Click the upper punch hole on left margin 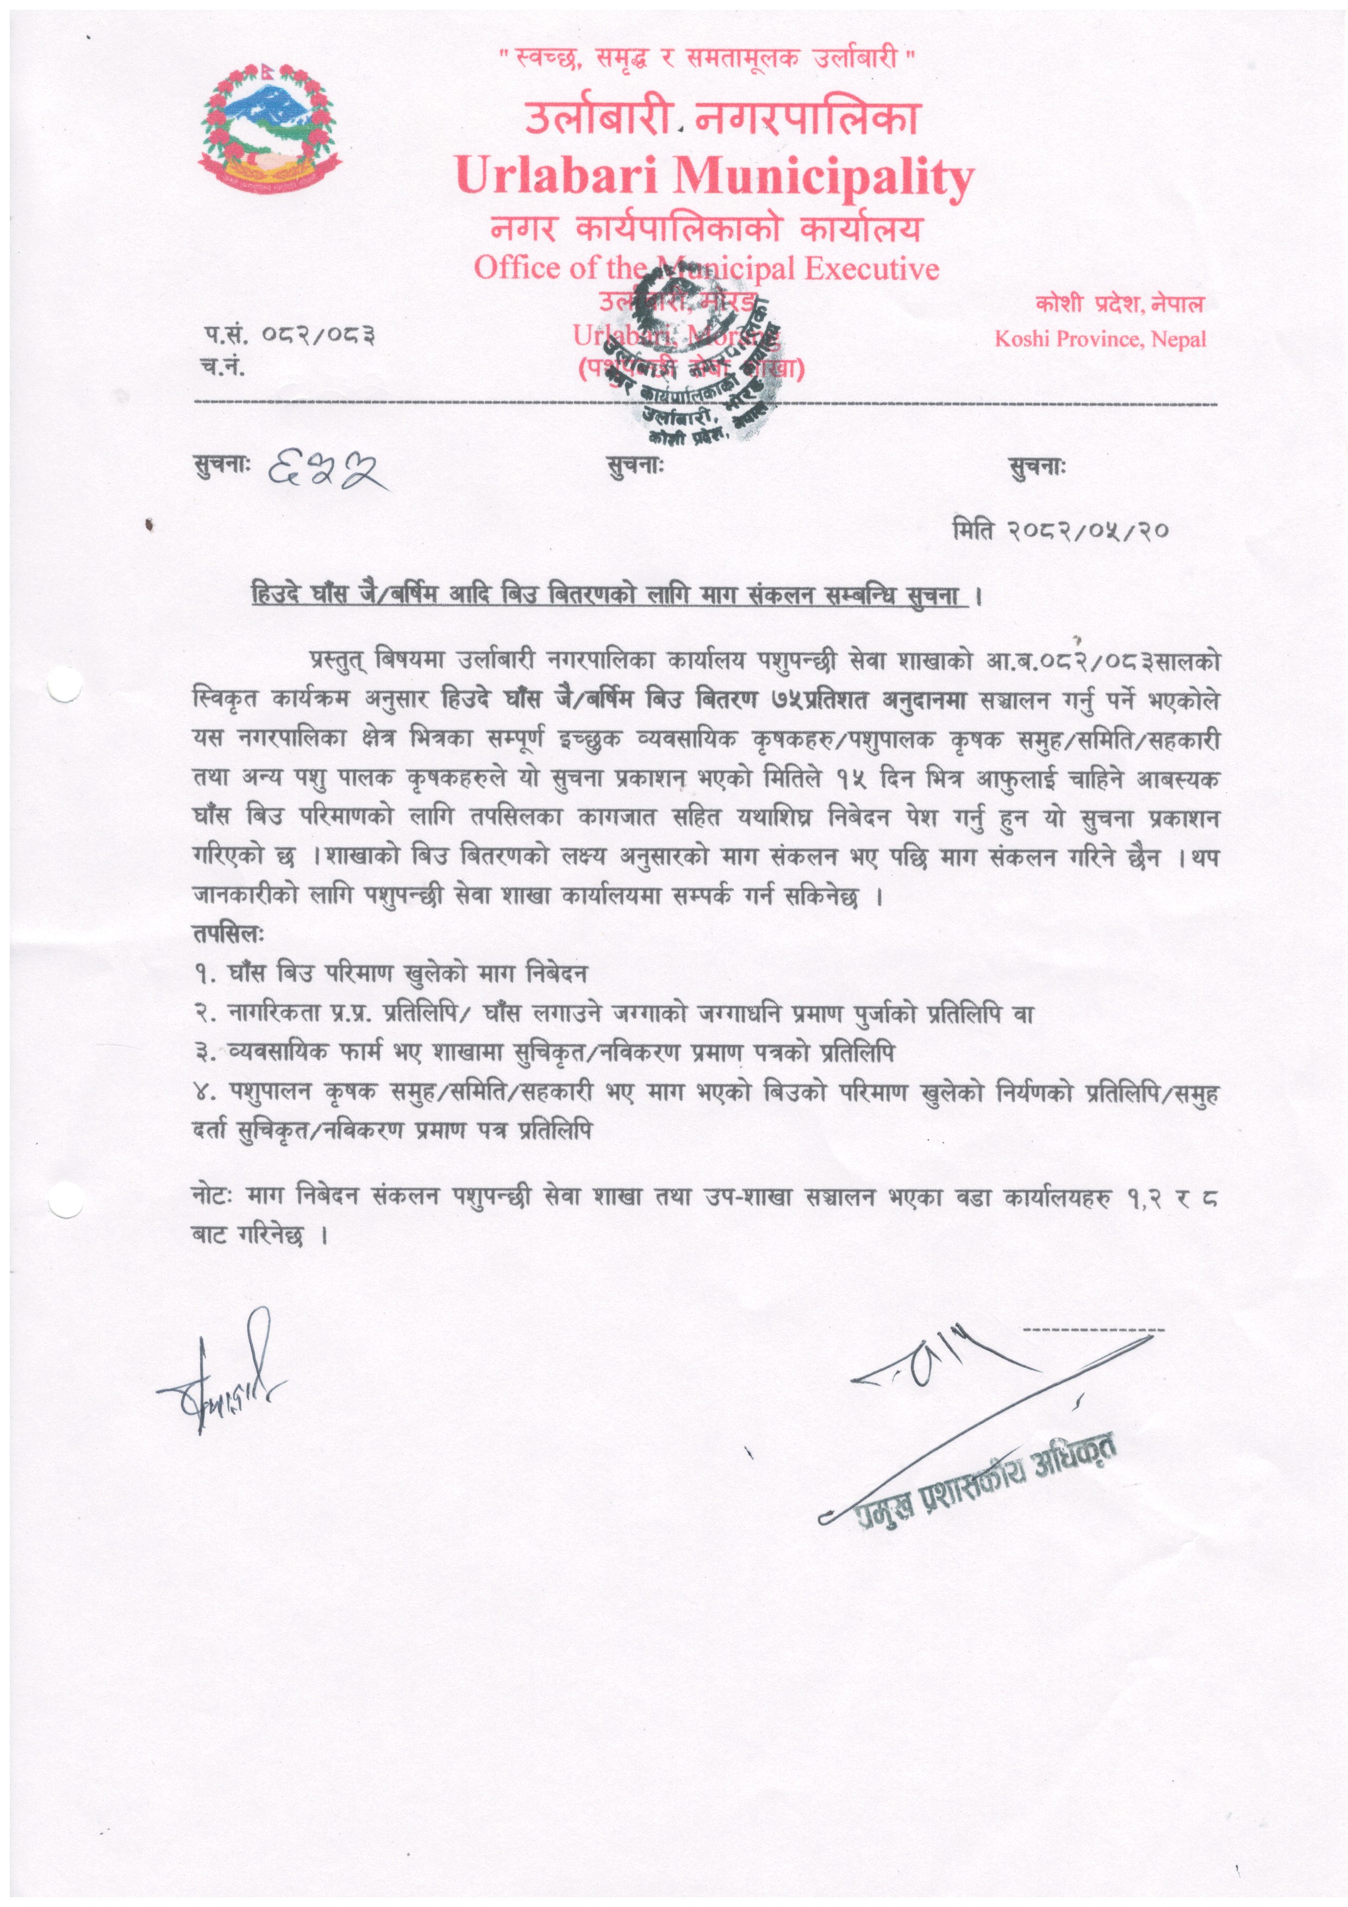66,686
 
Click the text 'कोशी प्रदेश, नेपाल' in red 1120,305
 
